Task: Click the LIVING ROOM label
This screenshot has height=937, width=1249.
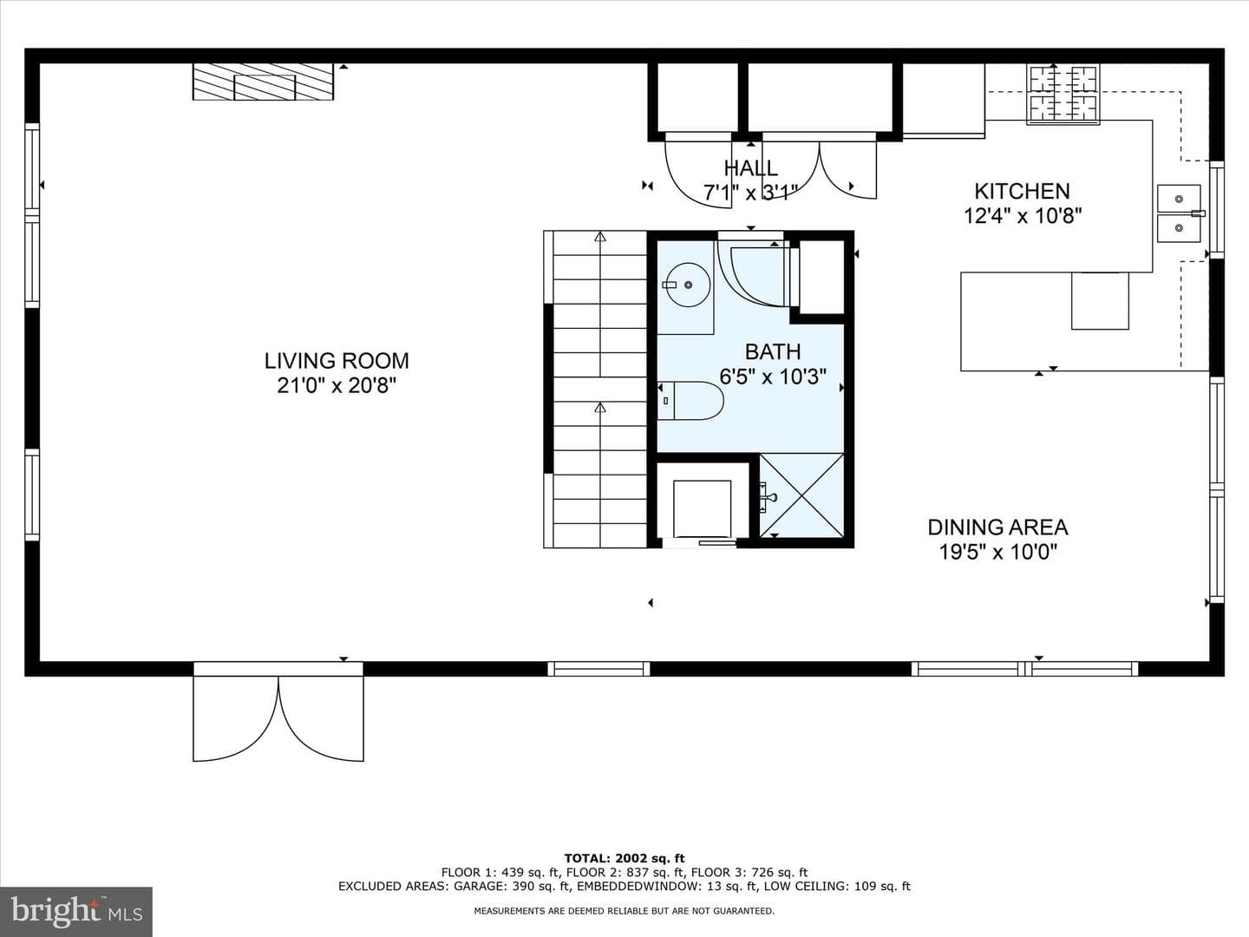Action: tap(337, 361)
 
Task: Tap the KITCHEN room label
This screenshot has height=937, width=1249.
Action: tap(1022, 191)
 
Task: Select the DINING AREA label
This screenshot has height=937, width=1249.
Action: tap(997, 527)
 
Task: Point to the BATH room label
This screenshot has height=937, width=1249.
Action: tap(773, 351)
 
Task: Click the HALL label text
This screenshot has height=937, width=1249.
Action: tap(750, 167)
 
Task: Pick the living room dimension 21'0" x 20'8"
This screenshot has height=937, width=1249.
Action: tap(337, 386)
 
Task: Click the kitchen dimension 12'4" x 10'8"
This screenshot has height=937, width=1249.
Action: tap(1022, 216)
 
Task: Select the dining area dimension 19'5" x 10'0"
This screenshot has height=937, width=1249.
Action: tap(997, 553)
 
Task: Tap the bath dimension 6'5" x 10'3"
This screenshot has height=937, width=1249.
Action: tap(773, 377)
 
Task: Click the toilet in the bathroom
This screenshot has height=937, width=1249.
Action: tap(690, 401)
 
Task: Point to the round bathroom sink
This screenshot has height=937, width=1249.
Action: tap(687, 285)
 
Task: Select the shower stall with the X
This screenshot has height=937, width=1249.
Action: tap(801, 495)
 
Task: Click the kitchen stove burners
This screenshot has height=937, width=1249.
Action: tap(1063, 94)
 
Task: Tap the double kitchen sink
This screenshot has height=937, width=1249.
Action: tap(1179, 213)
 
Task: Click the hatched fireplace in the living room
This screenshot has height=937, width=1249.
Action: tap(263, 82)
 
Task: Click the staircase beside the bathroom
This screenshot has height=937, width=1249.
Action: tap(595, 390)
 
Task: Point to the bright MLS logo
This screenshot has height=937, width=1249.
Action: tap(76, 911)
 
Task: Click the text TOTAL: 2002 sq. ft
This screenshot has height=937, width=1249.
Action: tap(624, 859)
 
